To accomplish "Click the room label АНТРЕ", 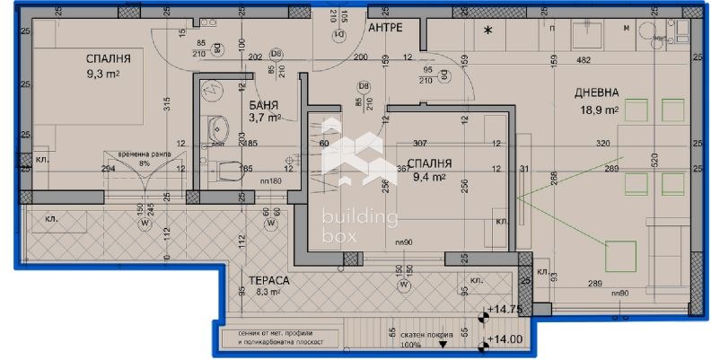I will [385, 29].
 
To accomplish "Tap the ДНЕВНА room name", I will [595, 92].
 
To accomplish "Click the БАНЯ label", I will [264, 104].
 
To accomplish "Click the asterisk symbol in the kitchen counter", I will [488, 31].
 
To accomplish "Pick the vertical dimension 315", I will [167, 105].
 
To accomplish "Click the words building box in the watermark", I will [359, 226].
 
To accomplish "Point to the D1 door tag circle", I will [340, 34].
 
